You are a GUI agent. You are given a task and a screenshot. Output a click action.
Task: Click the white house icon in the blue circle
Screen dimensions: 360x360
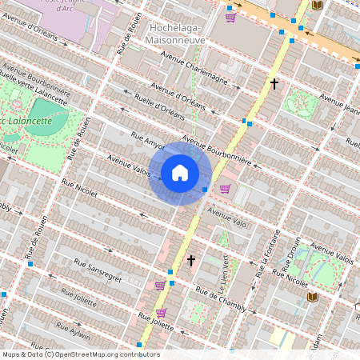[180, 173]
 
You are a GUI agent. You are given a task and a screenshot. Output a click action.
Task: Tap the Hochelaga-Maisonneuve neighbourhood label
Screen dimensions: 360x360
[178, 33]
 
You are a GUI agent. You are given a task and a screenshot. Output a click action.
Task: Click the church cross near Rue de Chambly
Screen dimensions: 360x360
[190, 260]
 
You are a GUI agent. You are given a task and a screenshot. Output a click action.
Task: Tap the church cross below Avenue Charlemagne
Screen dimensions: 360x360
[274, 83]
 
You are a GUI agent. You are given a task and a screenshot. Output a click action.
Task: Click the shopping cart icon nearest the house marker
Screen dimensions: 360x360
[225, 189]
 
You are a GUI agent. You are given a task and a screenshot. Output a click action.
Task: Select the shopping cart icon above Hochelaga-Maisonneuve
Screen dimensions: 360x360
[230, 17]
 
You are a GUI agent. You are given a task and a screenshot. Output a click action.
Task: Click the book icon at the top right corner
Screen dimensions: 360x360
[317, 6]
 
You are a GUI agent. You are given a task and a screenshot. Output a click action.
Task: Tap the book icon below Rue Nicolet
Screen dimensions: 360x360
[312, 297]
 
